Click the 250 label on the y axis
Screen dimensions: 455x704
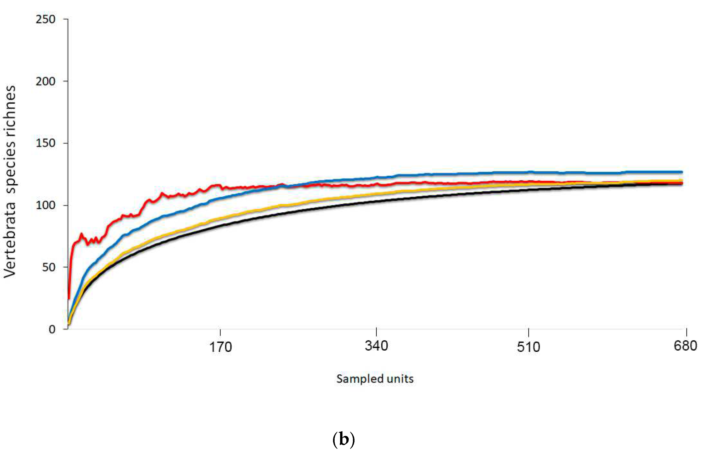(x=46, y=19)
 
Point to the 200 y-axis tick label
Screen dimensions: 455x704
(x=46, y=81)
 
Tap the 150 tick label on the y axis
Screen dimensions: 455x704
(x=46, y=143)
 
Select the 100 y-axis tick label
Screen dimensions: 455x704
(x=46, y=205)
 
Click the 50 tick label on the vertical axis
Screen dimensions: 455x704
(x=48, y=267)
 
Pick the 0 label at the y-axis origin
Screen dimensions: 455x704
(x=52, y=329)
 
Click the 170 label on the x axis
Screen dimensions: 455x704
(x=221, y=347)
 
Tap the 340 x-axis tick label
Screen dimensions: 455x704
(x=376, y=346)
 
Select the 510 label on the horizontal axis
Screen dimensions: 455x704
(x=528, y=347)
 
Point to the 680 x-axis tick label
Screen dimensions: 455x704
(x=685, y=346)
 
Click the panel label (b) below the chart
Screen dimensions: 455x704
(x=343, y=440)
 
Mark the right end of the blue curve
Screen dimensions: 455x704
(x=682, y=172)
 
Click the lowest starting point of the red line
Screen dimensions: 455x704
(x=69, y=299)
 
